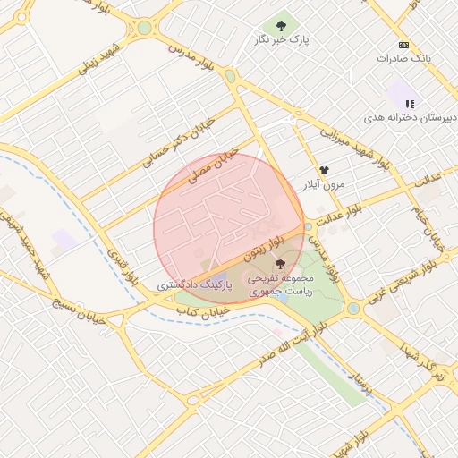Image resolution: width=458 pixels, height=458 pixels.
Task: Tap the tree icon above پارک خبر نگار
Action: (x=282, y=26)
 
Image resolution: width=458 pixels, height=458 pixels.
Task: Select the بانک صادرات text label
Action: (x=403, y=58)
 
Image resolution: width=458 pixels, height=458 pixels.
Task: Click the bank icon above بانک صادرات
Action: (x=403, y=45)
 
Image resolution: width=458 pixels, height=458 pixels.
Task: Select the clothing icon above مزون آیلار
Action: (x=323, y=169)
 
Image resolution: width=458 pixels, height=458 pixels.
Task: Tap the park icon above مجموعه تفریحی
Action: (x=282, y=263)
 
